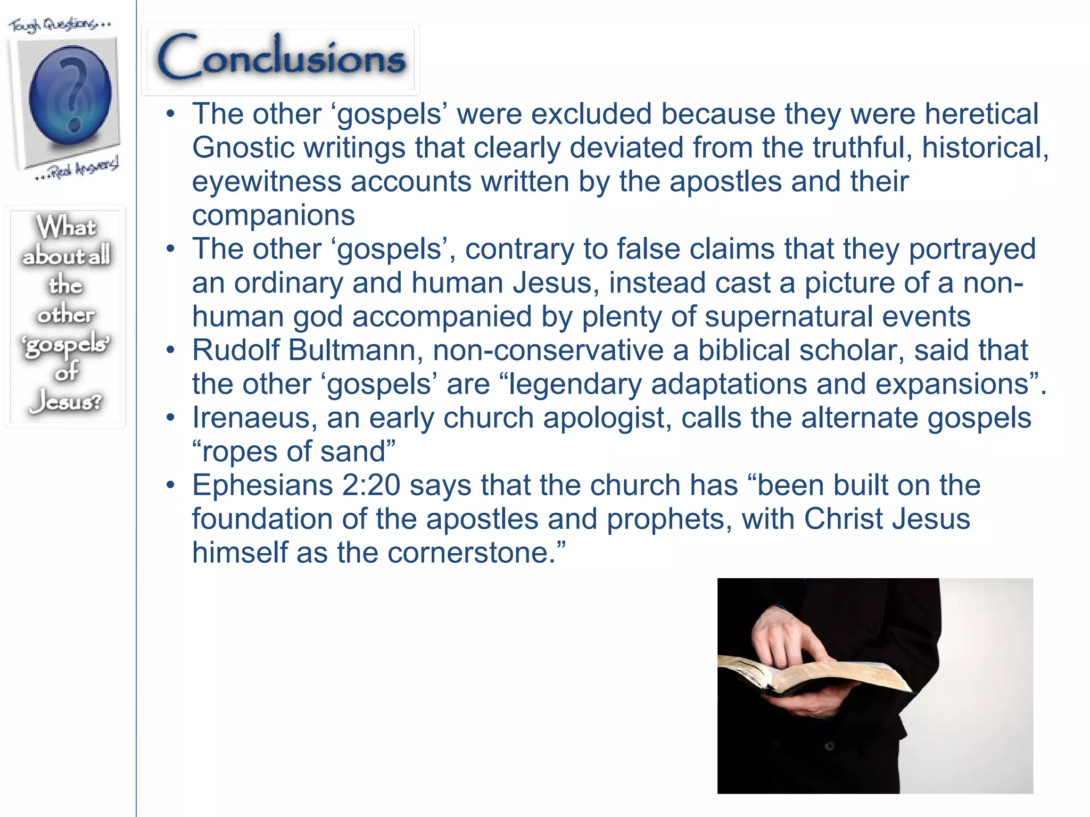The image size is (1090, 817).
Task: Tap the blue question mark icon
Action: click(x=70, y=96)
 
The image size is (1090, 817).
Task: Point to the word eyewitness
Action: click(x=266, y=182)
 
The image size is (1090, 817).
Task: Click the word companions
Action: click(x=273, y=215)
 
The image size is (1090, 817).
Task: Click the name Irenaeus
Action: click(x=250, y=418)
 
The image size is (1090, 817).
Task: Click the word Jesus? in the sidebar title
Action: click(x=66, y=401)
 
